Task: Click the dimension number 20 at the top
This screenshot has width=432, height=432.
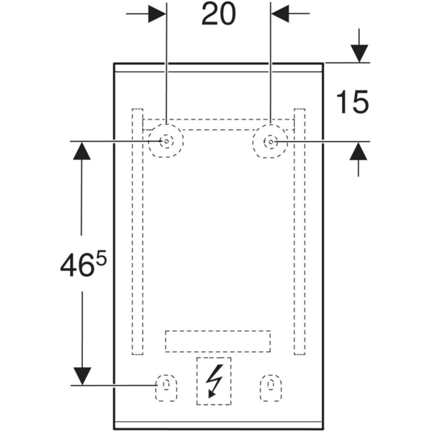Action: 218,14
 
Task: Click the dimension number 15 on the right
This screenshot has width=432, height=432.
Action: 352,102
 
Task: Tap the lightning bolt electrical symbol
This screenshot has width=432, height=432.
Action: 214,380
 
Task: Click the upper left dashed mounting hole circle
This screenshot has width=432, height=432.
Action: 166,142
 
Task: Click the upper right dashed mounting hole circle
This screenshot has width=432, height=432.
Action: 271,142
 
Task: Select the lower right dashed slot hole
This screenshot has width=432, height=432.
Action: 271,386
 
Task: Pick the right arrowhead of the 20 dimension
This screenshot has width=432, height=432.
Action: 280,13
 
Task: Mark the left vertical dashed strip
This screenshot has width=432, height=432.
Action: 137,231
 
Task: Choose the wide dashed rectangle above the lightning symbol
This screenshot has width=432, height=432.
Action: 218,341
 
